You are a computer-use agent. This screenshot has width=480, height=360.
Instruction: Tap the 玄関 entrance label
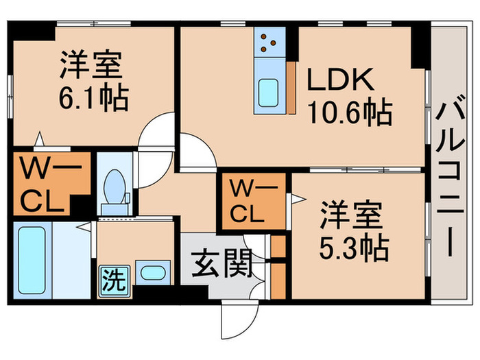[x=219, y=263]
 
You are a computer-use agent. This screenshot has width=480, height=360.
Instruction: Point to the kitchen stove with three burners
[x=270, y=43]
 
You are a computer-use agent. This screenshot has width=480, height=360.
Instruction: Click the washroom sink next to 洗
[x=149, y=272]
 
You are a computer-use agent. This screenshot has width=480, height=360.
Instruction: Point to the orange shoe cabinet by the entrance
[x=278, y=267]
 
